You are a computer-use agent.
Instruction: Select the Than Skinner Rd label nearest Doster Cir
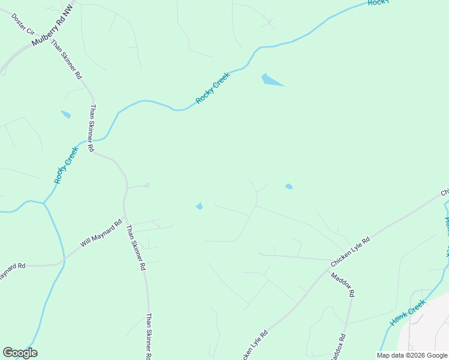coord(66,60)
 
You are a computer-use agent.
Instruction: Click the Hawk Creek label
coord(408,313)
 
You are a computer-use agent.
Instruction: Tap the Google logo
coord(20,353)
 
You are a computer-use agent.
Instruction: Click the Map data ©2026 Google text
coord(412,355)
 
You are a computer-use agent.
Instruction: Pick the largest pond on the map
coord(271,80)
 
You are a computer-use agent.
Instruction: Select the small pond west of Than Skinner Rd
coord(65,114)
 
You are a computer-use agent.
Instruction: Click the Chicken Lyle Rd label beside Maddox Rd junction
coord(350,252)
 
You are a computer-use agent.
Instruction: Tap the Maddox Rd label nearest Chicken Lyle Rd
coord(343,284)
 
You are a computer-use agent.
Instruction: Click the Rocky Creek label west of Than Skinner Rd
coord(66,164)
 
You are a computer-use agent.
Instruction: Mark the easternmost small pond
coord(289,187)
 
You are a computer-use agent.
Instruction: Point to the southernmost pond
coord(199,206)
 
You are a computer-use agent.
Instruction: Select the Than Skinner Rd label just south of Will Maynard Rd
coord(136,247)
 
